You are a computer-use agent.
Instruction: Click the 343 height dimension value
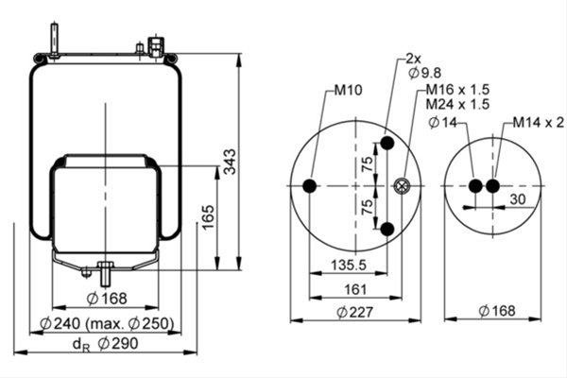click(x=230, y=162)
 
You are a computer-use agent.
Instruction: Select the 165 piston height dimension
click(x=208, y=217)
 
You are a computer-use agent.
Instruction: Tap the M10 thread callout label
click(x=348, y=90)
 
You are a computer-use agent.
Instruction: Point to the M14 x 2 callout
click(x=539, y=123)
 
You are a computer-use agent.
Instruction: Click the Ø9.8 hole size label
click(x=425, y=73)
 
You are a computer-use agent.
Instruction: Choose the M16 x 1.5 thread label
click(x=457, y=89)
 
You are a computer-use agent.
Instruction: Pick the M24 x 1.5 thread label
click(x=457, y=104)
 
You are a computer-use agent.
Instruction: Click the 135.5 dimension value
click(x=349, y=266)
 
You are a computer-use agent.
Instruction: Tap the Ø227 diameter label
click(x=354, y=312)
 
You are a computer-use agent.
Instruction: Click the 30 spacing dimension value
click(x=518, y=199)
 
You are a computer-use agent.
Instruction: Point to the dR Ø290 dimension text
click(x=105, y=344)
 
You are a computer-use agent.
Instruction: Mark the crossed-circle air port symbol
click(x=401, y=186)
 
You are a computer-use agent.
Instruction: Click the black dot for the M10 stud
click(x=310, y=186)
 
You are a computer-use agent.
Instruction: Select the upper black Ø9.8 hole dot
click(x=387, y=143)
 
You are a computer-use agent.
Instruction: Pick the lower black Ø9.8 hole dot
click(x=387, y=229)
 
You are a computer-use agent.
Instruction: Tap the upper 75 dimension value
click(x=368, y=163)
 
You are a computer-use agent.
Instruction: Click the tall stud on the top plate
click(x=54, y=40)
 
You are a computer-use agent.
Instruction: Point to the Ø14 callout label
click(x=443, y=123)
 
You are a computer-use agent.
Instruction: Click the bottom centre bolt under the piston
click(x=105, y=274)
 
